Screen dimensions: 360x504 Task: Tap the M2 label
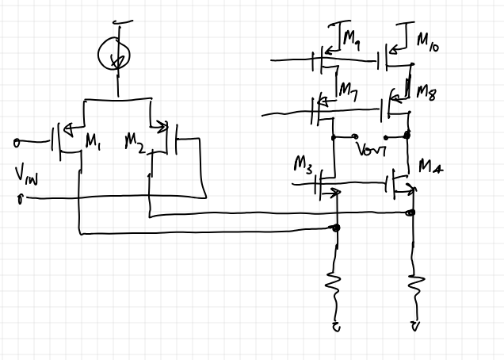tap(134, 142)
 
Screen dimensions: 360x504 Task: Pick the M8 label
tap(426, 91)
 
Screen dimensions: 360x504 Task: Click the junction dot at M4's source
tap(412, 212)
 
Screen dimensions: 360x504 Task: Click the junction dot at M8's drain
tap(407, 135)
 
